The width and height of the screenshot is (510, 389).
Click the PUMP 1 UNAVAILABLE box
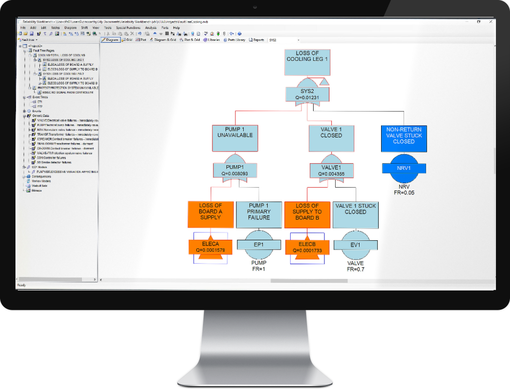(x=235, y=138)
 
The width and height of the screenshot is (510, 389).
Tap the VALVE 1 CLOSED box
(x=331, y=138)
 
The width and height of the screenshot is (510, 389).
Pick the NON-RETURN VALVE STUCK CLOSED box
(x=404, y=138)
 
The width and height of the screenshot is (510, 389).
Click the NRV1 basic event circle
(x=404, y=168)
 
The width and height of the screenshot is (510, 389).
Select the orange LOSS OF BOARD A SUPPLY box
(x=210, y=214)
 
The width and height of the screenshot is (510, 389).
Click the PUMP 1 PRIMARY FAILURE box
(x=259, y=214)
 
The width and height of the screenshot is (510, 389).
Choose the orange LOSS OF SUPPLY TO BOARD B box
(x=307, y=214)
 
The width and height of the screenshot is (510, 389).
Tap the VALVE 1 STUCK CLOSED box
(x=355, y=214)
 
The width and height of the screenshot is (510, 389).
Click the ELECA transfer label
(x=210, y=247)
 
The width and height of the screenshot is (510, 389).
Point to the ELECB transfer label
(x=307, y=247)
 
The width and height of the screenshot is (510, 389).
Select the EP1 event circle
(x=259, y=244)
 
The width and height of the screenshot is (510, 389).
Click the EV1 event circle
(x=355, y=244)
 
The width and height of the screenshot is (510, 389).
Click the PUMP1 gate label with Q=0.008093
(x=235, y=170)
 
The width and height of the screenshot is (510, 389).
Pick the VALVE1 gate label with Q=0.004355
(x=331, y=170)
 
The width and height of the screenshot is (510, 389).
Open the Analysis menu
(x=150, y=28)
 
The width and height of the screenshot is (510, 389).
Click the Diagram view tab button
(x=111, y=40)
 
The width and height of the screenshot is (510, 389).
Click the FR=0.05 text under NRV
(x=404, y=192)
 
